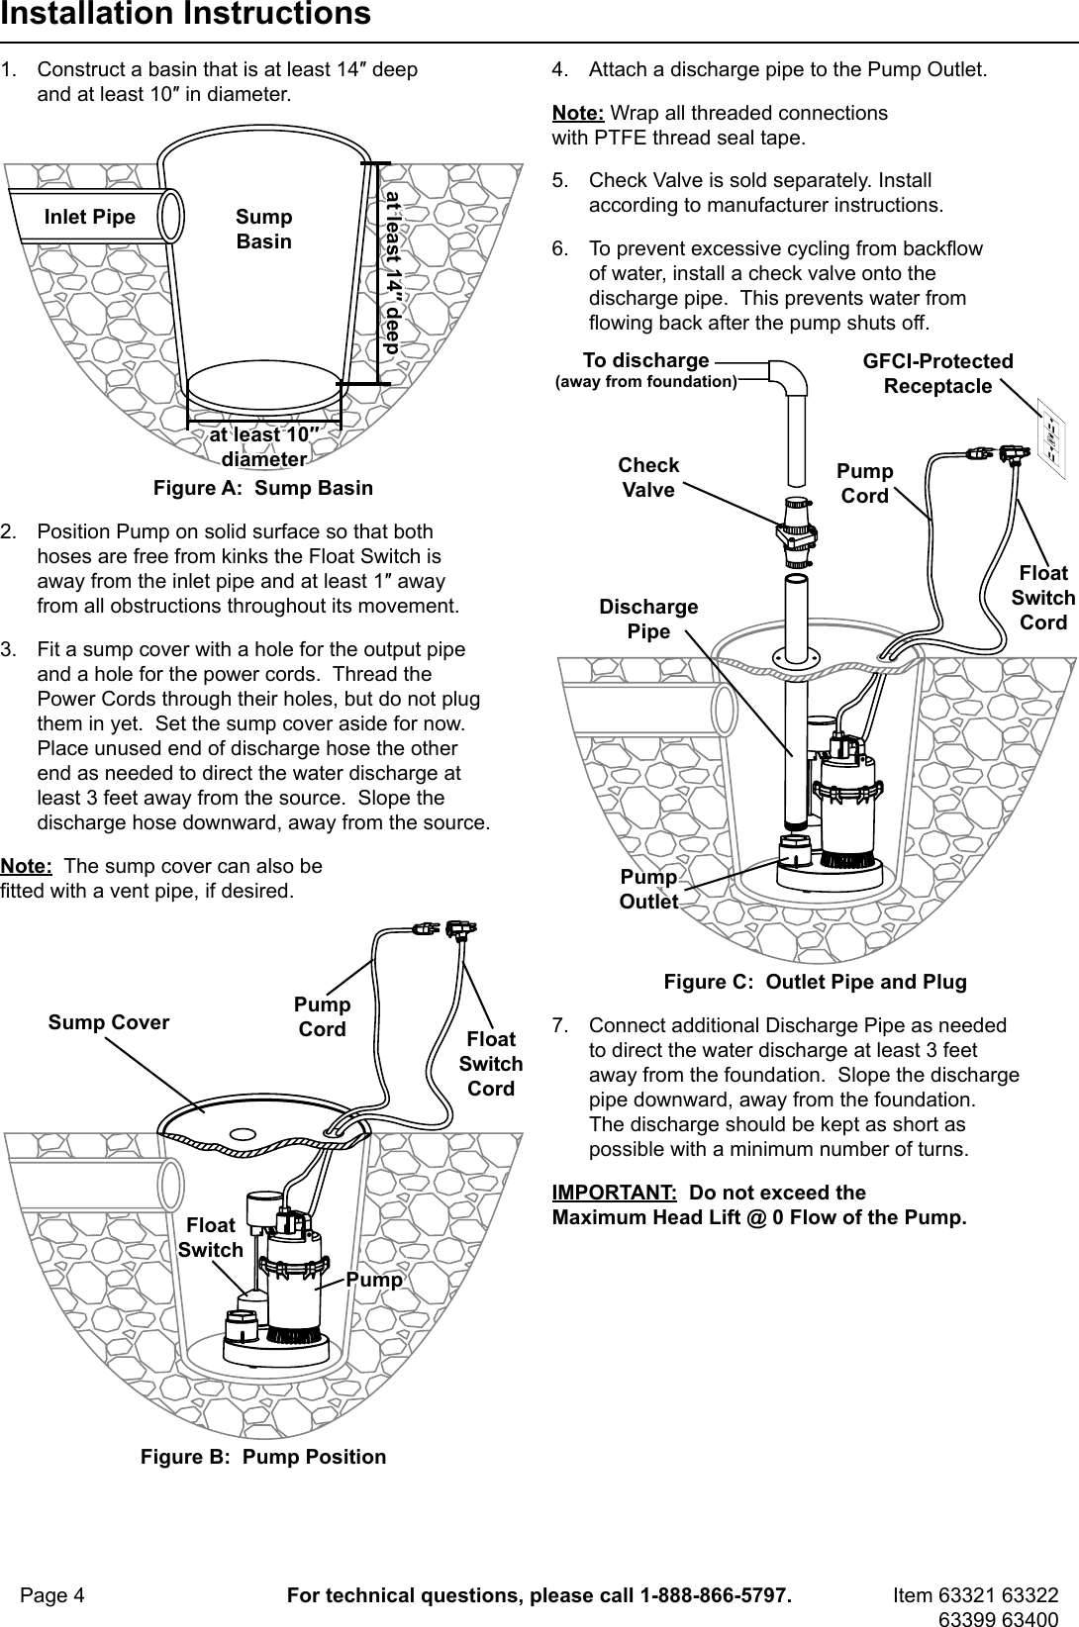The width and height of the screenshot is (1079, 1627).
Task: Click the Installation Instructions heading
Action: tap(185, 15)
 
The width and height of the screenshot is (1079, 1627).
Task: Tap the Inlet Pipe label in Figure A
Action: tap(90, 217)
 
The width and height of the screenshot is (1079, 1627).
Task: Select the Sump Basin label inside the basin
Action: tap(264, 229)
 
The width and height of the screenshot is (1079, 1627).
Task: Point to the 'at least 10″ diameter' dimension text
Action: tap(263, 446)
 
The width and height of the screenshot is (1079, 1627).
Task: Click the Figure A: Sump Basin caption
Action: tap(263, 488)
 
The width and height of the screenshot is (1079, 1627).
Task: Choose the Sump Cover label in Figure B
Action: tap(109, 1022)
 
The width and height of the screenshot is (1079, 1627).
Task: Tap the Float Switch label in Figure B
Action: tap(211, 1237)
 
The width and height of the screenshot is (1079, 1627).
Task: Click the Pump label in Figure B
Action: tap(375, 1280)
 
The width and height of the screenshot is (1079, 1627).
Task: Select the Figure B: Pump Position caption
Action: tap(263, 1457)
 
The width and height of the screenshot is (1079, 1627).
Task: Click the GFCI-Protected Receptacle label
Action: tap(938, 373)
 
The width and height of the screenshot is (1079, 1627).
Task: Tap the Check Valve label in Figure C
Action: tap(648, 477)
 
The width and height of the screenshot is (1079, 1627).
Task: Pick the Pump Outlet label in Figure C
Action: tap(649, 889)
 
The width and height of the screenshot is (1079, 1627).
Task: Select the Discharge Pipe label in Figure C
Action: tap(648, 619)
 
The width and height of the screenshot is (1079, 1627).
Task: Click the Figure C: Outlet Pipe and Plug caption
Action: tap(815, 982)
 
